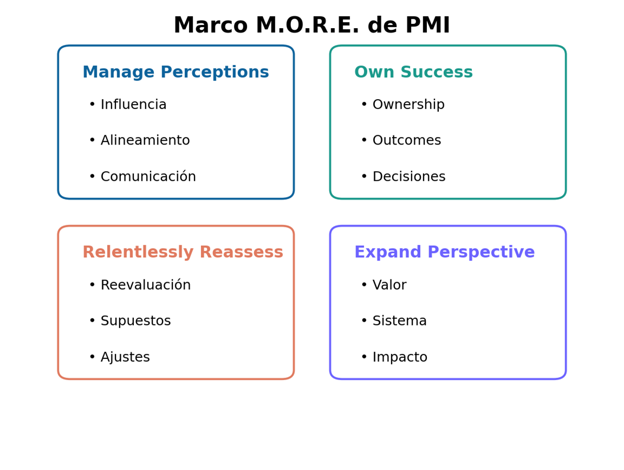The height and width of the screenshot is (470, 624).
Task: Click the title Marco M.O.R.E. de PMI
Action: coord(312,25)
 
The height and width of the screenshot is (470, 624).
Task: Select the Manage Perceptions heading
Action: coord(175,72)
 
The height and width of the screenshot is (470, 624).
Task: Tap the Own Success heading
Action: coord(413,72)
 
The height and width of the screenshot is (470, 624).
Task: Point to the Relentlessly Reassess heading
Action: coord(183,252)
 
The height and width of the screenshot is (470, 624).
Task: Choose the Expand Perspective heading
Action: coord(445,252)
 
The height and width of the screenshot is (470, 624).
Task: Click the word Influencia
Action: coord(133,105)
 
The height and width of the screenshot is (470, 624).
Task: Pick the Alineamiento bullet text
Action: coord(145,140)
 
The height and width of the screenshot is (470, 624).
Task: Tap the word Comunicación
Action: coord(148,176)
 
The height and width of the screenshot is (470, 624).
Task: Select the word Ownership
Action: coord(408,105)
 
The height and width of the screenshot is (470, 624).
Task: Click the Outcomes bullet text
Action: coord(407,140)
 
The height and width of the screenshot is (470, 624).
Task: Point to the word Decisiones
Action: coord(409,177)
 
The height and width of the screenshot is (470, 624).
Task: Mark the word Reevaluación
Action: coord(146,285)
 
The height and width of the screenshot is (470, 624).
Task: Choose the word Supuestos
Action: coord(136,321)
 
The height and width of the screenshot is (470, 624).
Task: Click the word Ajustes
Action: coord(125,357)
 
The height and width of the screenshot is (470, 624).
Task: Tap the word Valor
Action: coord(389,285)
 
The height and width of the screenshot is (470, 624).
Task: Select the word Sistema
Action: coord(400,321)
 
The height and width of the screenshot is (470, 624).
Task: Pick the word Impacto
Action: coord(400,357)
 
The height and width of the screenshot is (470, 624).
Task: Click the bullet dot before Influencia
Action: coord(92,105)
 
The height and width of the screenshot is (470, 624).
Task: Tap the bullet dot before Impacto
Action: coord(364,357)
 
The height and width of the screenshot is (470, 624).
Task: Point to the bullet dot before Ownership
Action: coord(364,105)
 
